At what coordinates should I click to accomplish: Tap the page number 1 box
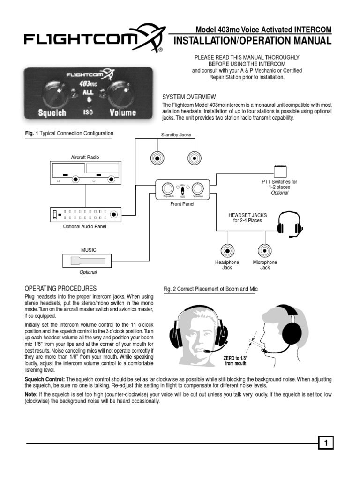pyautogui.click(x=325, y=442)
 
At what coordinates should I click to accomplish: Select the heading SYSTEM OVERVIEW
pyautogui.click(x=188, y=97)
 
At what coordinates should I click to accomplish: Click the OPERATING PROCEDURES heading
pyautogui.click(x=60, y=288)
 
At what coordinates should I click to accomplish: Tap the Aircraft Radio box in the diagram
pyautogui.click(x=85, y=173)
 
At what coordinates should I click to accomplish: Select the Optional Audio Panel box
pyautogui.click(x=85, y=214)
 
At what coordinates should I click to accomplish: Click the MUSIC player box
pyautogui.click(x=87, y=261)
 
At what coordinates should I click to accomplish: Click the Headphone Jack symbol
pyautogui.click(x=227, y=250)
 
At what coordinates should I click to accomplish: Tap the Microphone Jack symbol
pyautogui.click(x=265, y=250)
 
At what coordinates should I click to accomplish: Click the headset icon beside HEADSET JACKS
pyautogui.click(x=288, y=225)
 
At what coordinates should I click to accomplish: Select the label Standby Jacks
pyautogui.click(x=176, y=135)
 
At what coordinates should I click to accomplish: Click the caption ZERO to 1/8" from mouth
pyautogui.click(x=236, y=360)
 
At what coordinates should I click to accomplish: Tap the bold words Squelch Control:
pyautogui.click(x=45, y=378)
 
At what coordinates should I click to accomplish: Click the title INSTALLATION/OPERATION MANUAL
pyautogui.click(x=252, y=41)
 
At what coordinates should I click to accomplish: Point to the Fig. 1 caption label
pyautogui.click(x=68, y=133)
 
